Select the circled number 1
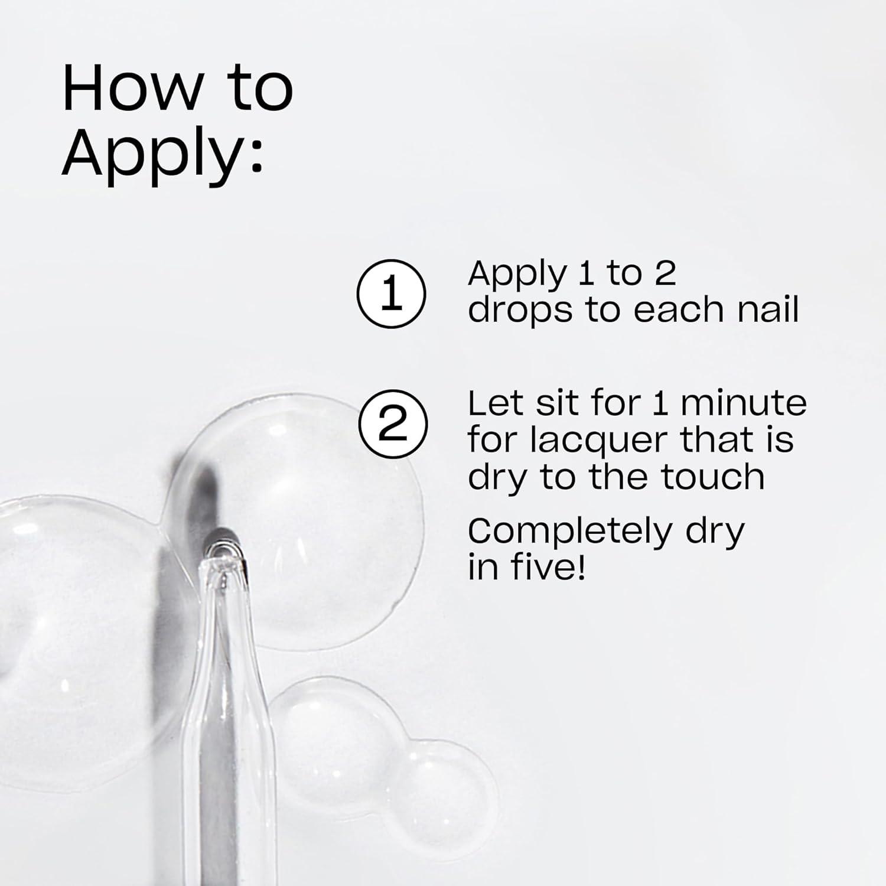(x=391, y=294)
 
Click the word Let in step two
(x=493, y=403)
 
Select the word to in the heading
(x=260, y=89)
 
